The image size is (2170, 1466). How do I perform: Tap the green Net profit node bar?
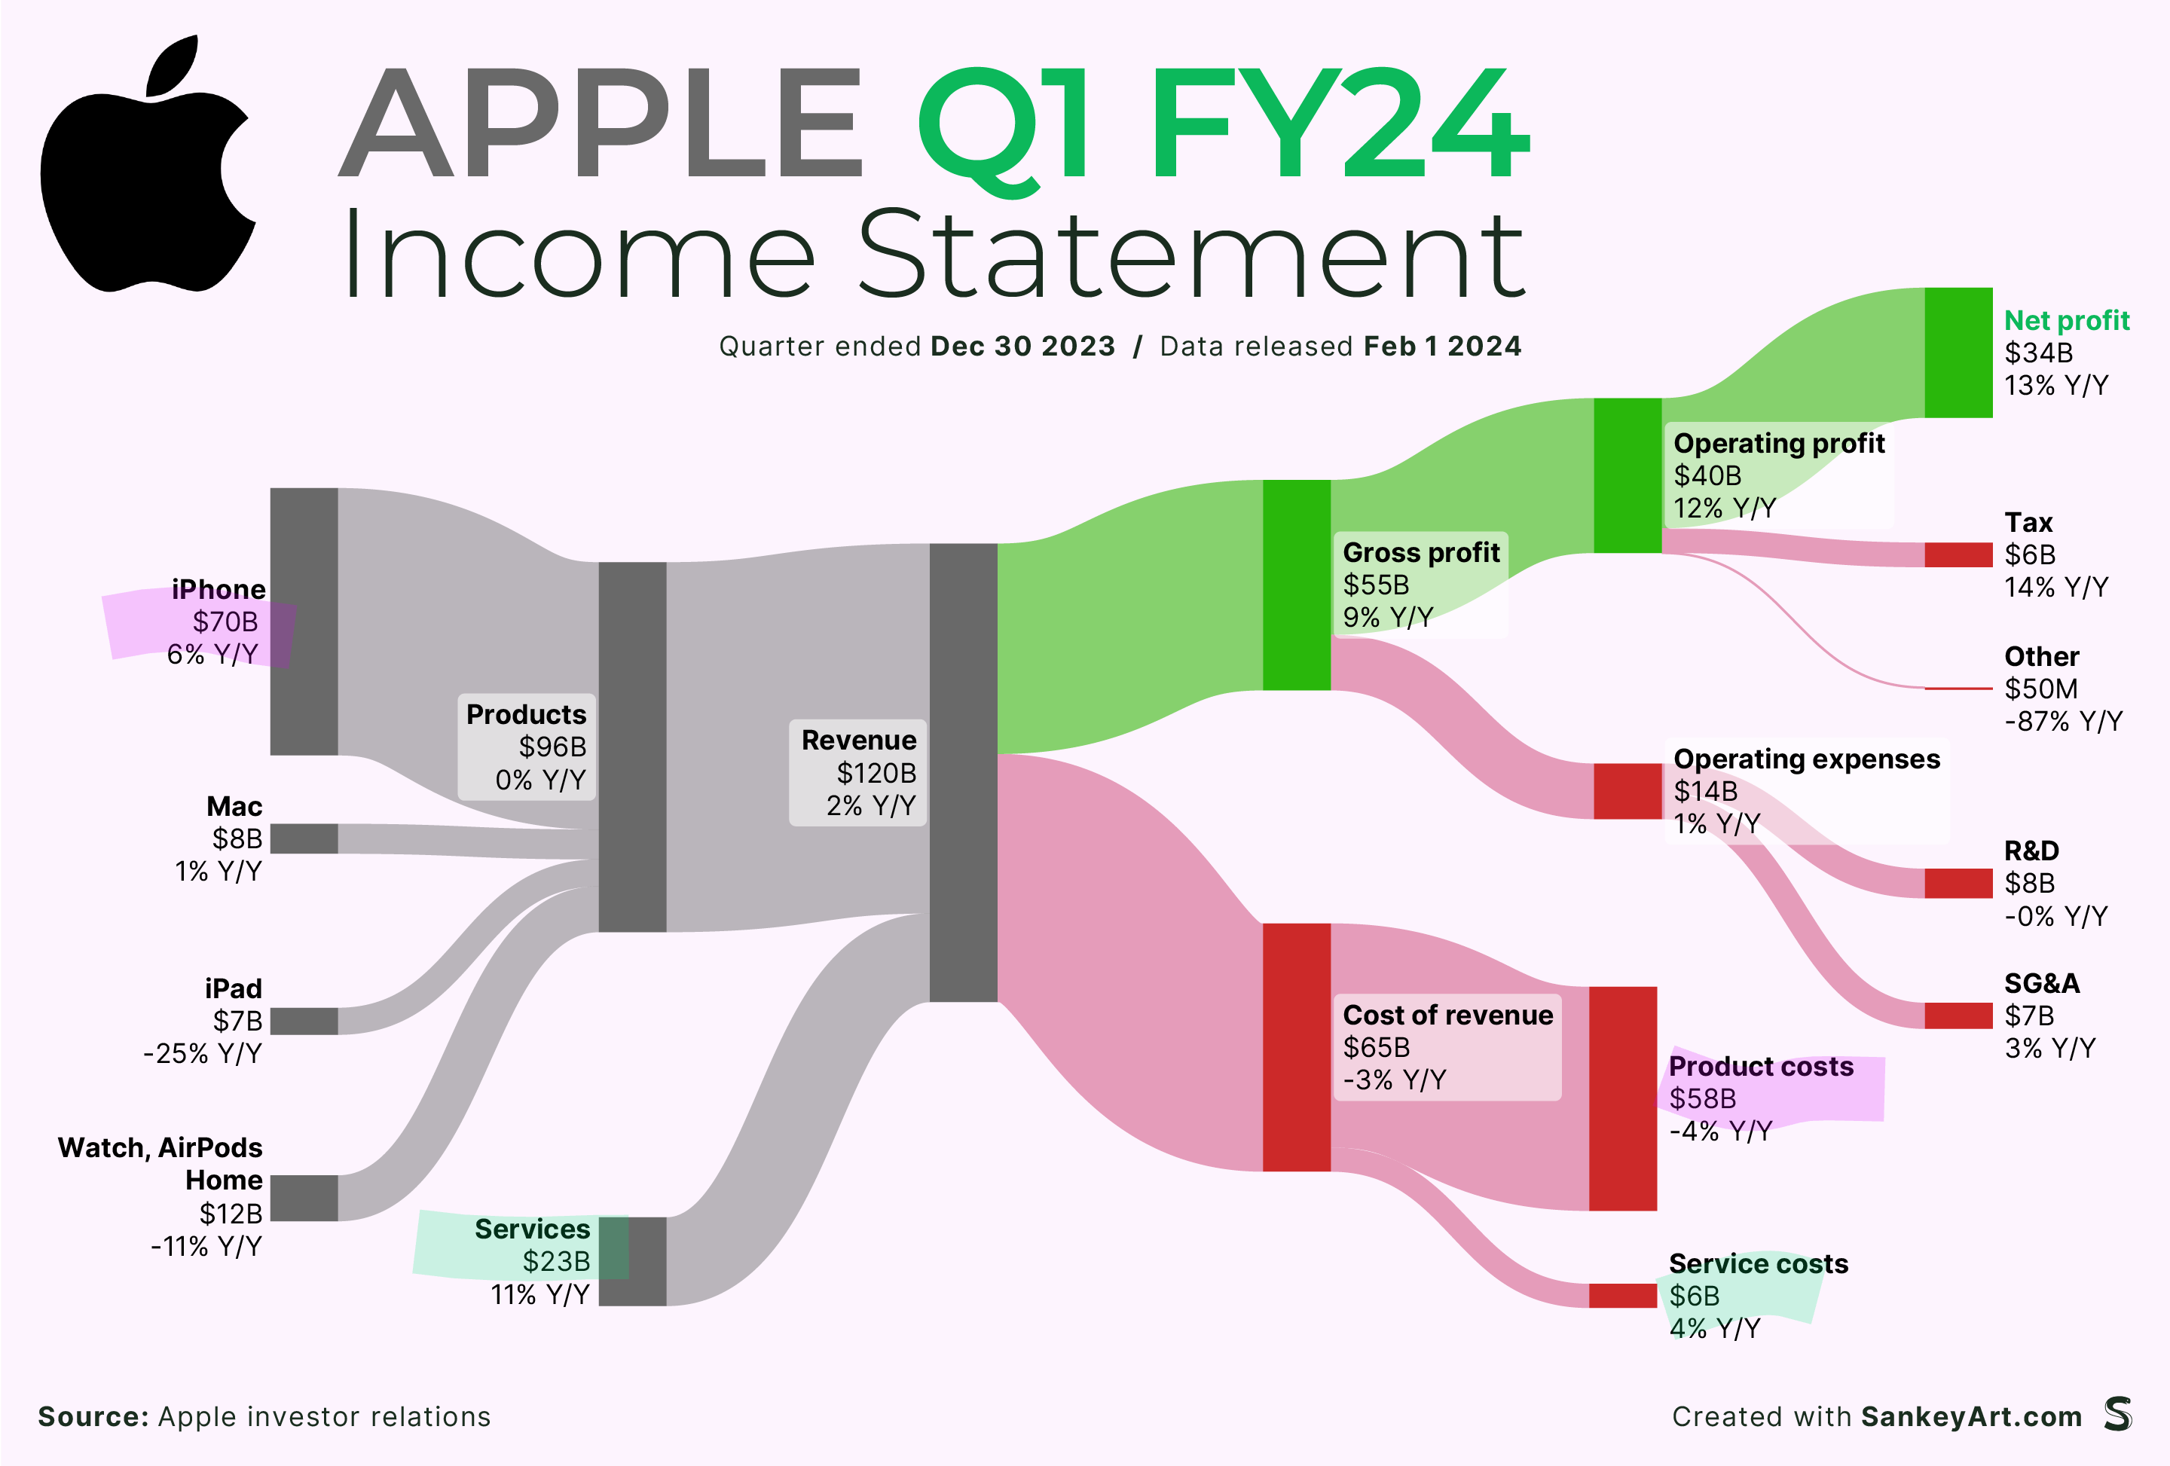(x=1958, y=352)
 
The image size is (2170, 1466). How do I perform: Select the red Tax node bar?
(x=1958, y=554)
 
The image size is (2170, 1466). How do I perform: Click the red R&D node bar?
(x=1958, y=882)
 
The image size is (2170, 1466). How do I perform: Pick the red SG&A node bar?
(x=1958, y=1015)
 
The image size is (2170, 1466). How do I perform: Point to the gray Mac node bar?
(x=304, y=838)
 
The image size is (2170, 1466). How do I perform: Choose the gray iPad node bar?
(x=304, y=1021)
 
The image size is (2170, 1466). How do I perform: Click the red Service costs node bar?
(x=1623, y=1295)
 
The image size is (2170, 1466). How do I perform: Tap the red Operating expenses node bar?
(x=1627, y=791)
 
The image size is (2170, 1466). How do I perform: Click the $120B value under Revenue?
(x=876, y=773)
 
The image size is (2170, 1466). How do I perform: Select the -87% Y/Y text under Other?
(x=2064, y=721)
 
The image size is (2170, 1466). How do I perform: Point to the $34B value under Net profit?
(x=2038, y=353)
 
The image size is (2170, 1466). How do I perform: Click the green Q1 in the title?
(x=1004, y=129)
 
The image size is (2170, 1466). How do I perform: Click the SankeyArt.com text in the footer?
(x=1971, y=1416)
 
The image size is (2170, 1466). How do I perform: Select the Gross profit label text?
(x=1421, y=553)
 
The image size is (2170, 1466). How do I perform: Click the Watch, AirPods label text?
(x=160, y=1147)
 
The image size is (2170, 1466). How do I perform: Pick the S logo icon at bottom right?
(x=2119, y=1414)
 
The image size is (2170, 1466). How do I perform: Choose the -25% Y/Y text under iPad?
(x=203, y=1053)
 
